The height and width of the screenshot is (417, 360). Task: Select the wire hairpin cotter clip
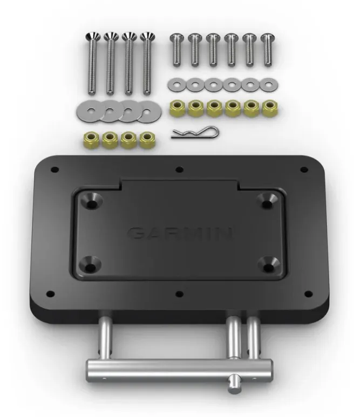(x=194, y=132)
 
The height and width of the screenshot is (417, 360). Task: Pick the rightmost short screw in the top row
(x=267, y=50)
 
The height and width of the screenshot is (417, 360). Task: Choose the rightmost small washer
(x=267, y=85)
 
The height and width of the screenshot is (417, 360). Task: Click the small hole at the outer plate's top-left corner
(x=55, y=169)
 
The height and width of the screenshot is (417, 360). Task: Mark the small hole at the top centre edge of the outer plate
(x=179, y=169)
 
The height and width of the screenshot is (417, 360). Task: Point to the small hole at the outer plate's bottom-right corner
(x=309, y=294)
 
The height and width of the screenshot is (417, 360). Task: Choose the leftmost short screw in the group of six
(x=176, y=50)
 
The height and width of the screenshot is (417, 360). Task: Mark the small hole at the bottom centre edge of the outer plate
(x=180, y=295)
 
